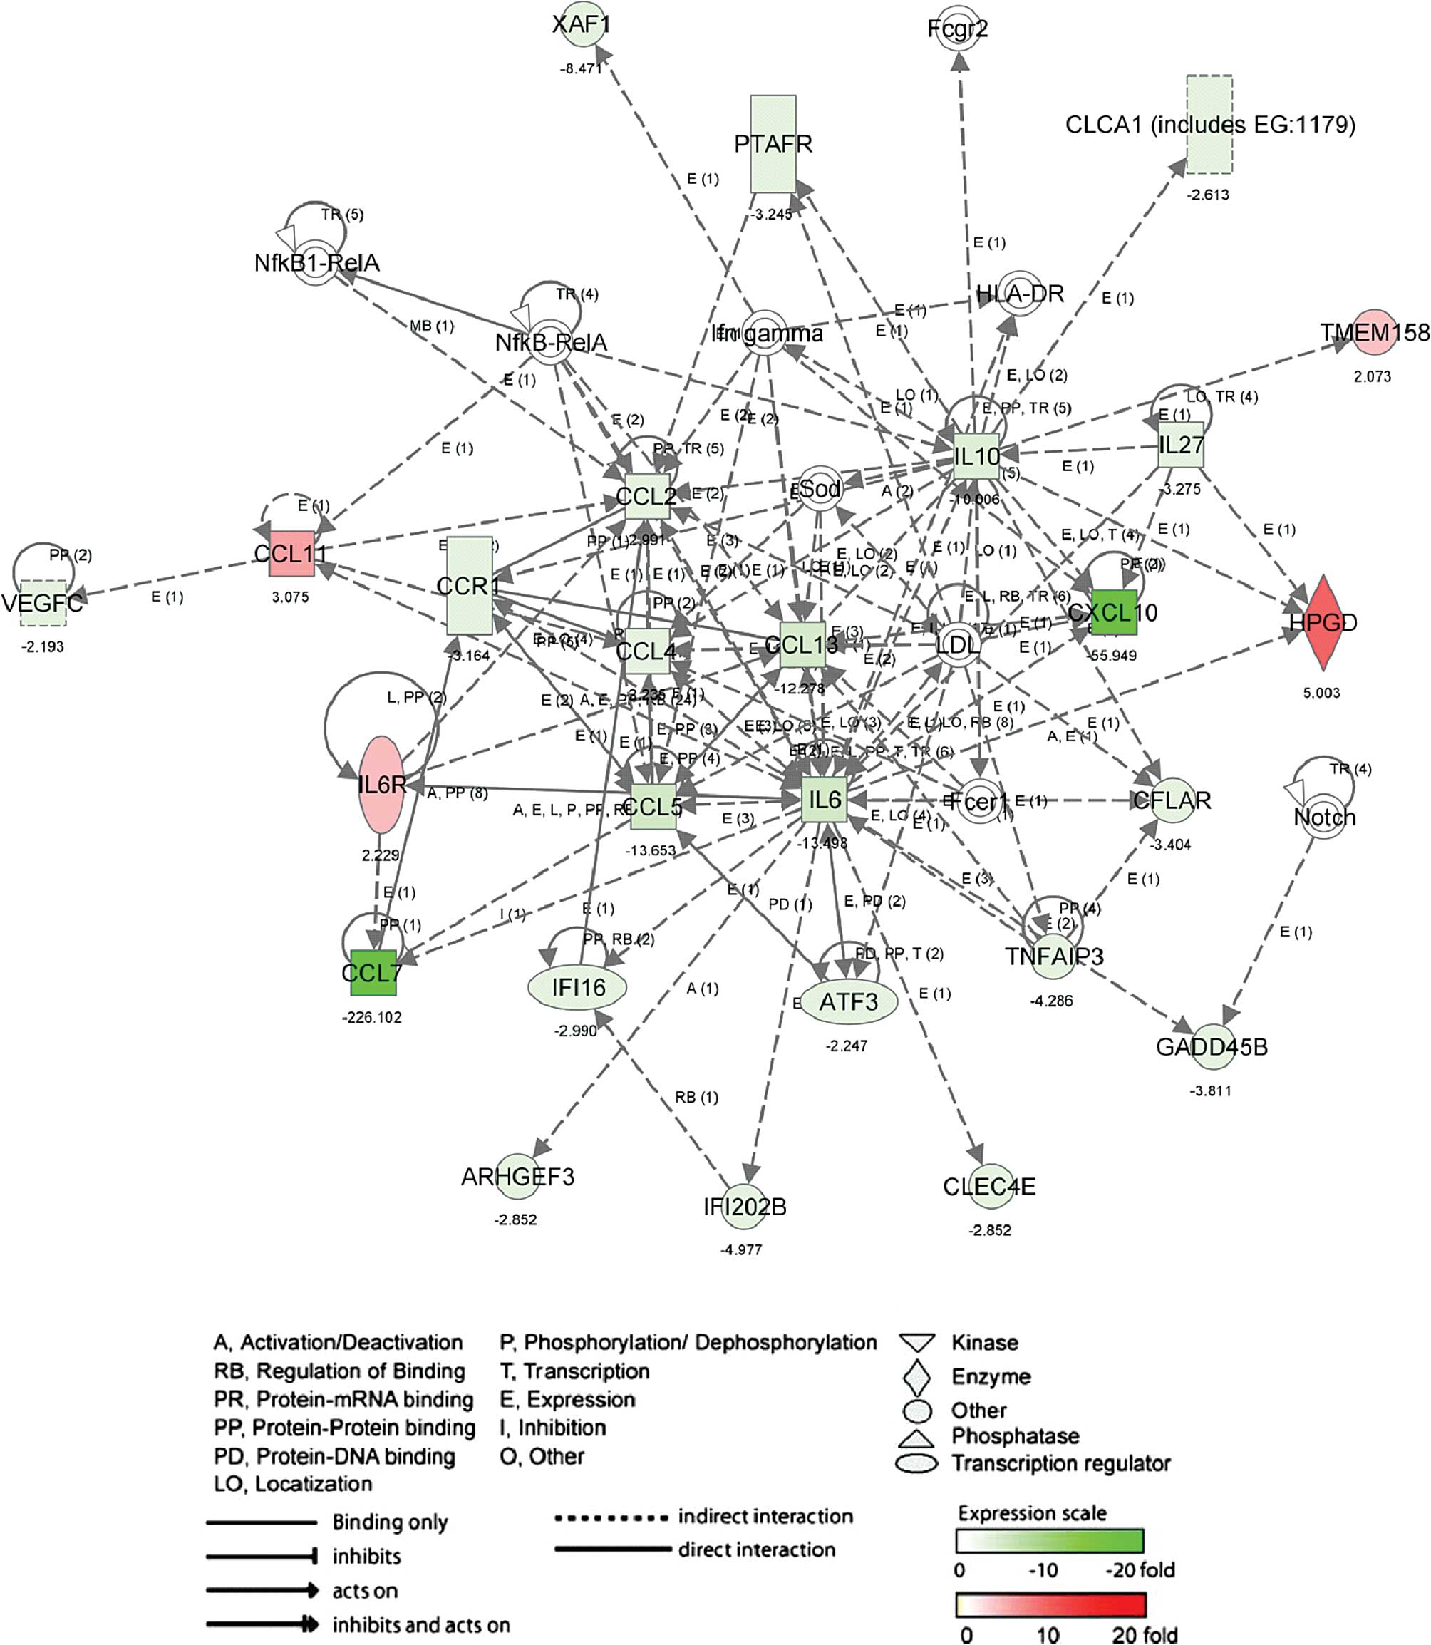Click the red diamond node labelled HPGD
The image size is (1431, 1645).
click(x=1323, y=623)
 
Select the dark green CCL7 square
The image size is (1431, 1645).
click(x=373, y=973)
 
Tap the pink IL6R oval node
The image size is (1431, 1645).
click(x=381, y=785)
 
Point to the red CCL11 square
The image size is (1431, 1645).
click(x=291, y=552)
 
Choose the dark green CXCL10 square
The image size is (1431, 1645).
click(x=1113, y=612)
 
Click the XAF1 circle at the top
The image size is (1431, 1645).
click(x=582, y=25)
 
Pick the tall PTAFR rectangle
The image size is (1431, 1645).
click(x=773, y=144)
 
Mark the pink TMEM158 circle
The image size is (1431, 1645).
click(x=1374, y=332)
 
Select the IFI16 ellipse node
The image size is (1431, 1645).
click(x=577, y=988)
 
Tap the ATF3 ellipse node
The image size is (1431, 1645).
click(x=848, y=1001)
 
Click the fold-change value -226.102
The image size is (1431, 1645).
click(x=371, y=1017)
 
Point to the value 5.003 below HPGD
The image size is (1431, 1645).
click(x=1321, y=693)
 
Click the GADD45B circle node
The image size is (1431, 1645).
click(x=1212, y=1046)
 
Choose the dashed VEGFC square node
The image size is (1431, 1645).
click(x=43, y=603)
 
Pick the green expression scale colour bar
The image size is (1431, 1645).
click(x=1049, y=1540)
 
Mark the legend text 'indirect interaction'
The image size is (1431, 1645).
click(x=765, y=1517)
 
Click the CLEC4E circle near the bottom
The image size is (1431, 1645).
click(x=988, y=1187)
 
